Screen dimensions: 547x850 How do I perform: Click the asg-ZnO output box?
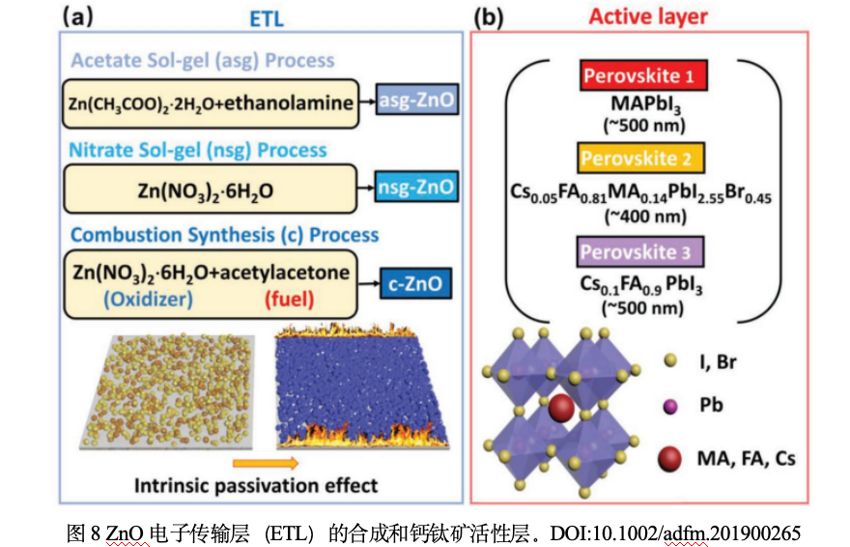click(415, 101)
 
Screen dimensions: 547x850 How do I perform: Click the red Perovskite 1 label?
click(643, 75)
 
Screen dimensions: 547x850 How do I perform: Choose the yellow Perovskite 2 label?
click(644, 158)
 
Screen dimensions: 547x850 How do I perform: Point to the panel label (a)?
click(82, 15)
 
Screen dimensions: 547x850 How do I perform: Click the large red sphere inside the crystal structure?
click(559, 407)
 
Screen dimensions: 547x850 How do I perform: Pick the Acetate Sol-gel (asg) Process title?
click(202, 60)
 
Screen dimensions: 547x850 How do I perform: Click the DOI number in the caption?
click(675, 533)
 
